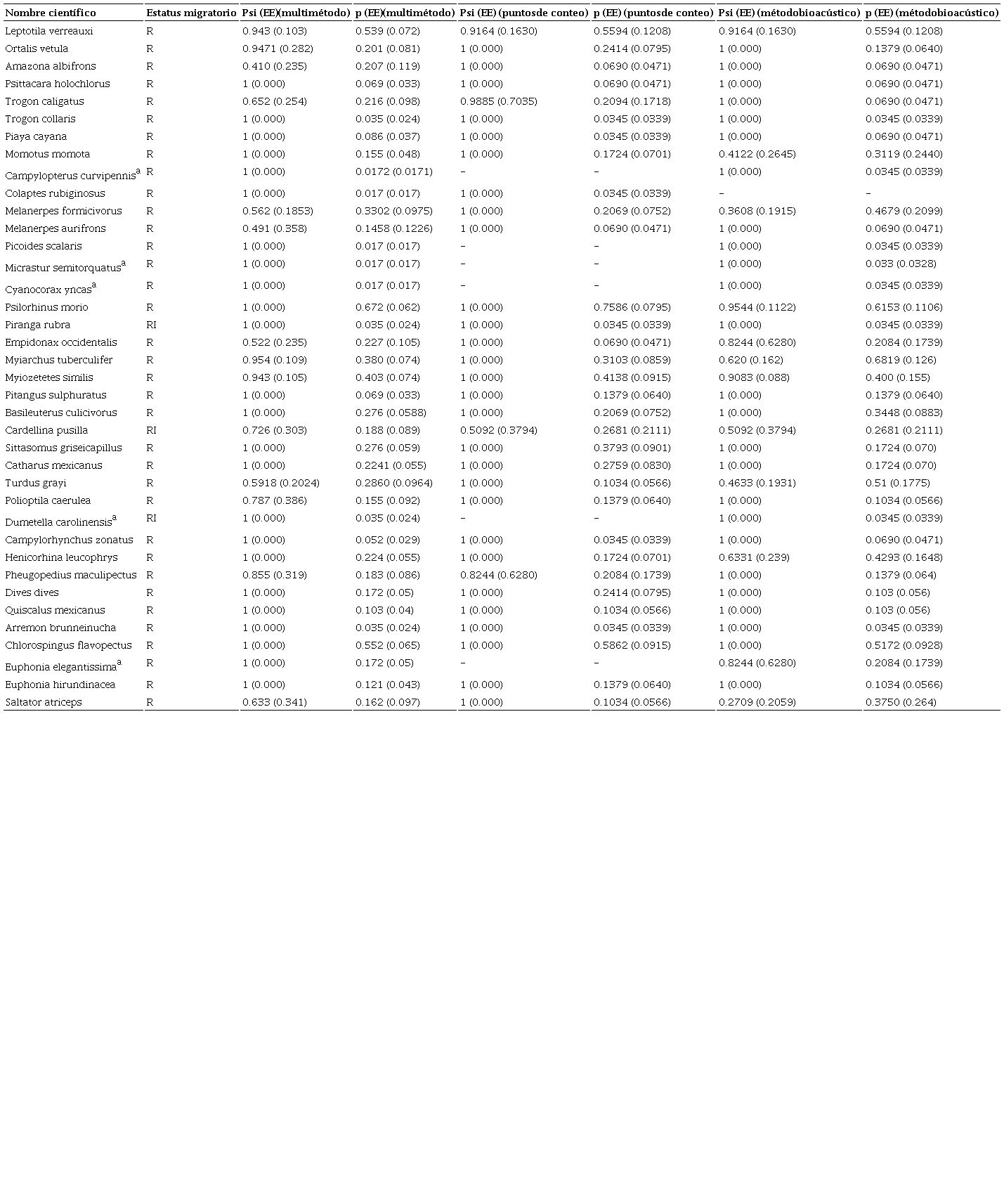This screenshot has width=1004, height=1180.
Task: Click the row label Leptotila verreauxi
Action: pos(48,31)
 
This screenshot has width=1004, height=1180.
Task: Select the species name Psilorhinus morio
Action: pos(46,307)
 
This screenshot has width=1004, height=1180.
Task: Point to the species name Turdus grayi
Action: pos(35,483)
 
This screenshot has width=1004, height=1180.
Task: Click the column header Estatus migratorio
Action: pos(191,13)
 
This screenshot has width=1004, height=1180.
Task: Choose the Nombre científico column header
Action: pos(51,13)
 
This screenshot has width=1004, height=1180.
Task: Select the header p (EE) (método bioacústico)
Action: pos(932,13)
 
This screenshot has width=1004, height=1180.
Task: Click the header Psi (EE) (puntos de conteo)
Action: pos(524,13)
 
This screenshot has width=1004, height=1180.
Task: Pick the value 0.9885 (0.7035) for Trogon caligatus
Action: pos(498,101)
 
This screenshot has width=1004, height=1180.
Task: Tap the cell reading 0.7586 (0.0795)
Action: pos(632,307)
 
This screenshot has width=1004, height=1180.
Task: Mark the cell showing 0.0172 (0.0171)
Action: pos(393,171)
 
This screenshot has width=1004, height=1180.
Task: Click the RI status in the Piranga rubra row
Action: pos(152,325)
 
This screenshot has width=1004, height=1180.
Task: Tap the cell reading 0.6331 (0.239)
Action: pos(754,557)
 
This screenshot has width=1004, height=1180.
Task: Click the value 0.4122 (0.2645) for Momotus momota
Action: pos(757,154)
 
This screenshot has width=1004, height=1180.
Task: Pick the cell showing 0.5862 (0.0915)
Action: pos(632,645)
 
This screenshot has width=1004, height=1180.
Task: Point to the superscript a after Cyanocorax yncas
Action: pos(94,284)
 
